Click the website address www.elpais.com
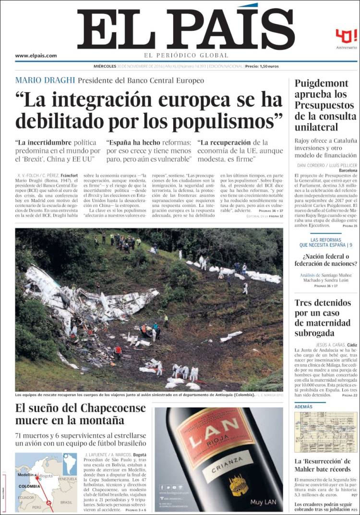(x=36, y=56)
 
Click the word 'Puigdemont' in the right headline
(x=324, y=83)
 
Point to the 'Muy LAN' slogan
(x=264, y=502)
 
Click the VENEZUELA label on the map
(x=67, y=479)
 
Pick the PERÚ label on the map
(x=36, y=507)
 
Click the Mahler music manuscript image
(x=326, y=432)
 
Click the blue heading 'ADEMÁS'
(x=303, y=407)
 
